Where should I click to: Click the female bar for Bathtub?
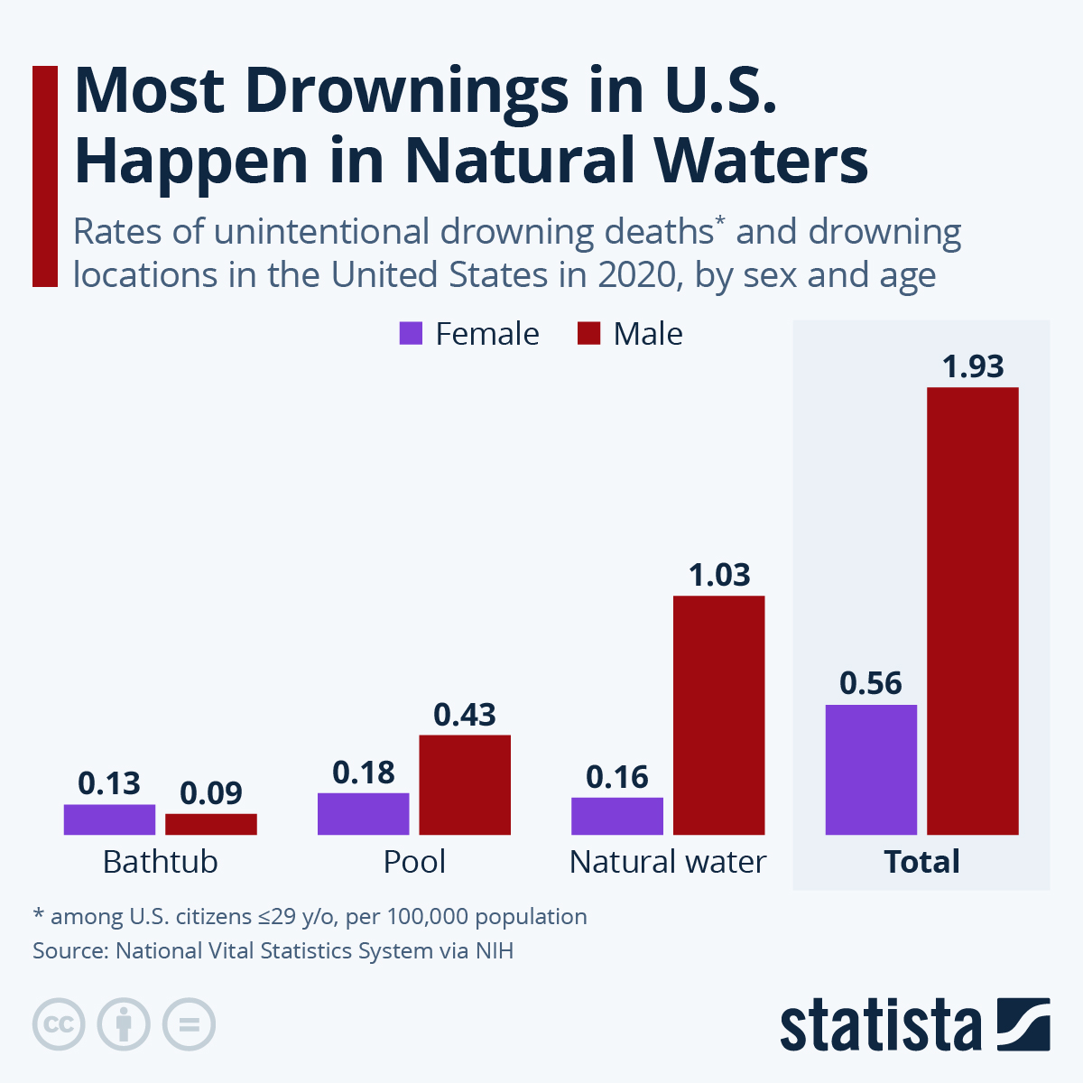pos(109,819)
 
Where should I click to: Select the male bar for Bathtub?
pos(211,824)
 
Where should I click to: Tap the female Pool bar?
pos(363,813)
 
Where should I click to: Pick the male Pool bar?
pos(465,784)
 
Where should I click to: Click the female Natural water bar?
pos(617,816)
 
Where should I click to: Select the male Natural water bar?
pos(719,715)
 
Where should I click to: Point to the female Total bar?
pos(871,769)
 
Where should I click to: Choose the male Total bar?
pos(973,611)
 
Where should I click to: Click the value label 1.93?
pos(973,366)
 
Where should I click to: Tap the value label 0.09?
pos(211,793)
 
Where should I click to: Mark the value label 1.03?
pos(719,575)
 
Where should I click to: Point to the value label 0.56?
pos(871,683)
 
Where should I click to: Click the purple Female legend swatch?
pos(411,334)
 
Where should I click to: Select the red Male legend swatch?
pos(588,334)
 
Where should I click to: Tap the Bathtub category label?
pos(161,862)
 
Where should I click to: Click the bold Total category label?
pos(921,862)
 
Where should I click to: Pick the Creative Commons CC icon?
pos(59,1024)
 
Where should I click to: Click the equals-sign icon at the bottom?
pos(190,1024)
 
